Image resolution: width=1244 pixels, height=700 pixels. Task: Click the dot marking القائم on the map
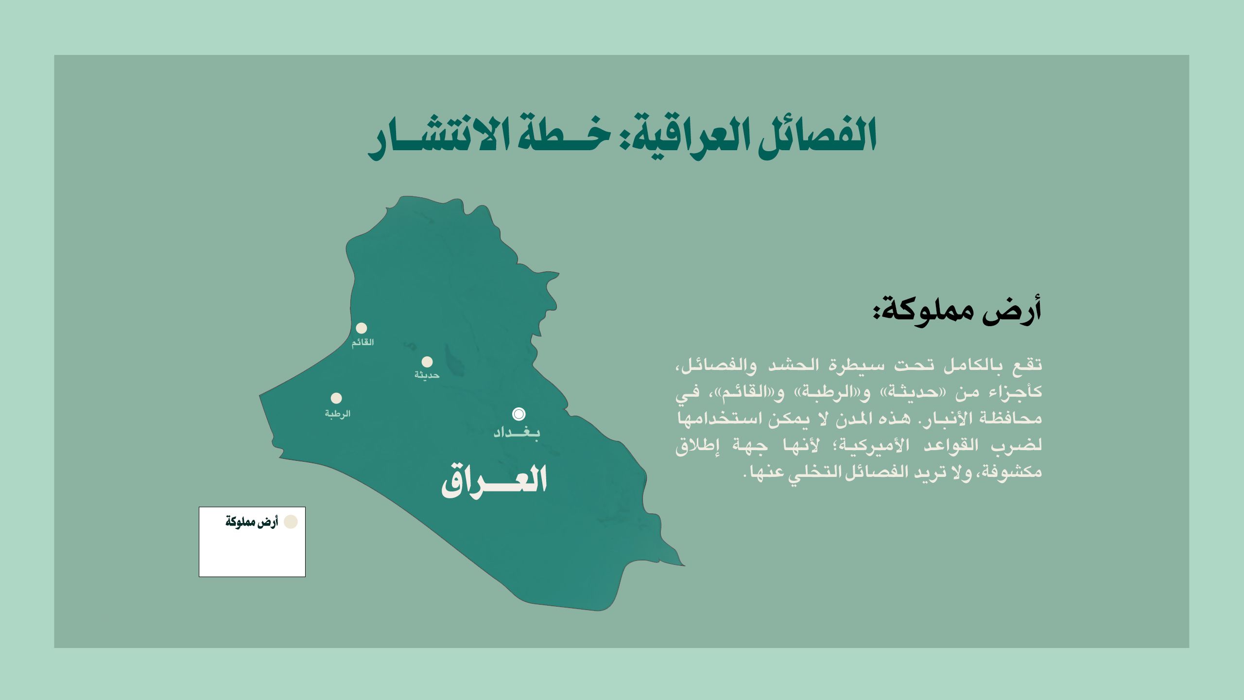coord(361,328)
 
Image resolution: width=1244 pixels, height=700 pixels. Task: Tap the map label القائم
coord(363,342)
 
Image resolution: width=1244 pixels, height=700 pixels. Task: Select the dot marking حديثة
coord(427,362)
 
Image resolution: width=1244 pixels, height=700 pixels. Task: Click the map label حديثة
coord(427,375)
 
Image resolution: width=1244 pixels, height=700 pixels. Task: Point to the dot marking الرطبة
coord(336,398)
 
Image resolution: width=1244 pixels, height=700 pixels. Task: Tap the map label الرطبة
coord(338,414)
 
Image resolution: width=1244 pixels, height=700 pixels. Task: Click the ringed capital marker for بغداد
coord(519,414)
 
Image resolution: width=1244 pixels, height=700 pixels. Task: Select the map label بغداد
coord(517,432)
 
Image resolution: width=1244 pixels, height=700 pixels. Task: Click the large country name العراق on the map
coord(494,480)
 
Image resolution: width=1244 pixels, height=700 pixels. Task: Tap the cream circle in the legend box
coord(291,522)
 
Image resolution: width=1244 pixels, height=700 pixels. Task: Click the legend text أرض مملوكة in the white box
coord(251,522)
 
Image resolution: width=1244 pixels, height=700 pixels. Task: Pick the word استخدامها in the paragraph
coord(713,418)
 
